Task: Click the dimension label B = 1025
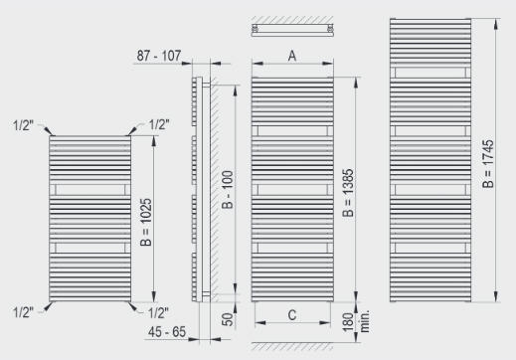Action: click(x=146, y=222)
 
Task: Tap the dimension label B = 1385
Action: click(x=348, y=193)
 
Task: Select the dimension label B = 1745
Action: click(x=488, y=164)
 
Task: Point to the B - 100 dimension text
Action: click(x=228, y=190)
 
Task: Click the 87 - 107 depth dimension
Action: click(x=159, y=56)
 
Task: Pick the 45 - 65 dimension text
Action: click(x=167, y=332)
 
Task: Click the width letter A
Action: click(x=292, y=56)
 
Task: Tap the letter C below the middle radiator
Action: click(x=292, y=315)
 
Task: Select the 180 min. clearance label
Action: click(x=356, y=321)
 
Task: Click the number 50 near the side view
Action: click(x=228, y=319)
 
